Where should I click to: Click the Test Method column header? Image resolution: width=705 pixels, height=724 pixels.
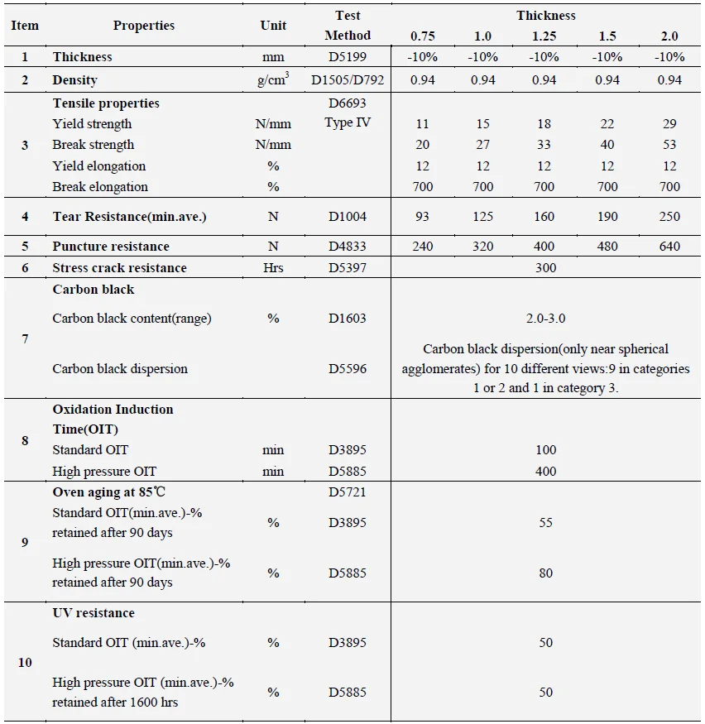(348, 26)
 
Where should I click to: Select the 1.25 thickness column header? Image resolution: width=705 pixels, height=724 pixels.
(544, 36)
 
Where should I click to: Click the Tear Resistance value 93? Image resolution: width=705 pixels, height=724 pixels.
(422, 217)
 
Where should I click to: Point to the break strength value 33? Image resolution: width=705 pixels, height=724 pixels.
(544, 145)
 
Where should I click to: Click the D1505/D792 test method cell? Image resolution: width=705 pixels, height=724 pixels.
(348, 80)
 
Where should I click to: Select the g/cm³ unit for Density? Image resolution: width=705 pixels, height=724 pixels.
(273, 79)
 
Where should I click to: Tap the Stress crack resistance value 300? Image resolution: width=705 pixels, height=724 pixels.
(545, 267)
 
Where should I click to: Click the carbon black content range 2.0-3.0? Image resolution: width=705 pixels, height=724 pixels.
(545, 319)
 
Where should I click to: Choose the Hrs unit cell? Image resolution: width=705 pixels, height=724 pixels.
(273, 267)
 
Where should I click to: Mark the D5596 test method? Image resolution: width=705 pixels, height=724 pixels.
(348, 369)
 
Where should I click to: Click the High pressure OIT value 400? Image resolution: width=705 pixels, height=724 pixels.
(545, 472)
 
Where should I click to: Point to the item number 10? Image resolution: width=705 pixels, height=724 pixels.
(25, 663)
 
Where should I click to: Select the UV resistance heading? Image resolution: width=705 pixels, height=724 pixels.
(94, 613)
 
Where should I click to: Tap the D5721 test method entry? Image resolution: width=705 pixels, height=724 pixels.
(348, 492)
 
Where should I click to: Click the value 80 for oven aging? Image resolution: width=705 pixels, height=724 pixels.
(545, 573)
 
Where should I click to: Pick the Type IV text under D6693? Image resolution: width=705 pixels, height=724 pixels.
(348, 124)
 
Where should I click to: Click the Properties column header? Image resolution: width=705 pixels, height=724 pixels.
(144, 26)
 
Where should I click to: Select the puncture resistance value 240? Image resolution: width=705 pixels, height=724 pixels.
(422, 246)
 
